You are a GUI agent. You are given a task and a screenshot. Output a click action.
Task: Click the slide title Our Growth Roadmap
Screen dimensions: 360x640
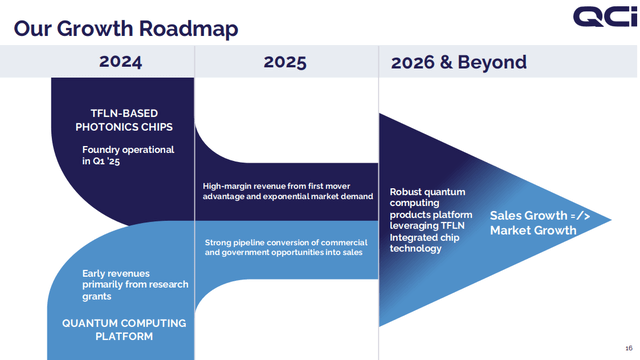coord(125,28)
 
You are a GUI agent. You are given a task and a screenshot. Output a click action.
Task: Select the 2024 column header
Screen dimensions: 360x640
coord(120,62)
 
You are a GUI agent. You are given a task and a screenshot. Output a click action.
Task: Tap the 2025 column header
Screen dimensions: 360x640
coord(285,62)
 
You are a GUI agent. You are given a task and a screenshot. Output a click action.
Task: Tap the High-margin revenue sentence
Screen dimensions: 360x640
coord(285,191)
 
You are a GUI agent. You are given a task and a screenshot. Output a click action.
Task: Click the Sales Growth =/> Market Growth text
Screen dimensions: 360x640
coord(533,223)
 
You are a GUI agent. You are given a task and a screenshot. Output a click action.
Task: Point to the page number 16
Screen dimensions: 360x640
coord(626,346)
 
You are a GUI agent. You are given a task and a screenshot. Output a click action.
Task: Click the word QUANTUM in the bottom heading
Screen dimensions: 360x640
coord(89,322)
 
